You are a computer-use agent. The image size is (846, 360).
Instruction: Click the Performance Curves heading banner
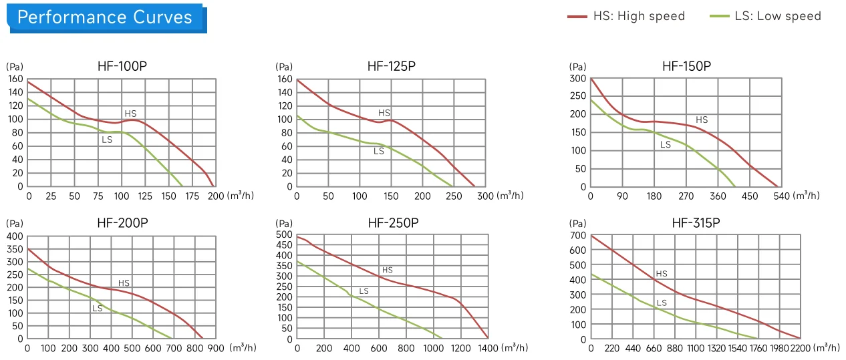point(106,18)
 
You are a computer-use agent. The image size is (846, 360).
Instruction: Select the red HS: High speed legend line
point(577,17)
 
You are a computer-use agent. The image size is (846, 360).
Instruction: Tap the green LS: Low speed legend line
point(720,16)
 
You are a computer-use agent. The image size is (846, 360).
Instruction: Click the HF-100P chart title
point(122,66)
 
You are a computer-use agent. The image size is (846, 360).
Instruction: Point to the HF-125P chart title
point(392,66)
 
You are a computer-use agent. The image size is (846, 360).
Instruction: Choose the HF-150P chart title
point(686,66)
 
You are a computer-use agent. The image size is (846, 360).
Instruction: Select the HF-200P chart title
point(123,223)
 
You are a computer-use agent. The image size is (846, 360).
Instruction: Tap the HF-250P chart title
point(393,223)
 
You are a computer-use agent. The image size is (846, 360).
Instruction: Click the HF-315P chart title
point(696,223)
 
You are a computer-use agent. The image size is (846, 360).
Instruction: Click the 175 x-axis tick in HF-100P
point(192,196)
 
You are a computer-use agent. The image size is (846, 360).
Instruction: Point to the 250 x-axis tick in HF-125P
point(454,196)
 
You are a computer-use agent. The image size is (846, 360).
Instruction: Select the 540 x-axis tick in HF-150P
point(782,196)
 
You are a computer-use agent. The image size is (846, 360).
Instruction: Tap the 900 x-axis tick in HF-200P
point(216,348)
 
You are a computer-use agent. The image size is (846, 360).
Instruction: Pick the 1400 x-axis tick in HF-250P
point(488,348)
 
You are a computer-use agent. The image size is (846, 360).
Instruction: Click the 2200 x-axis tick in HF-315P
point(801,348)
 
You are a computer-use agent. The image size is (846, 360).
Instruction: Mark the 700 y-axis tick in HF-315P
point(578,236)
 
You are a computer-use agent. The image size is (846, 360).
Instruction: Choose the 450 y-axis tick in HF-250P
point(285,245)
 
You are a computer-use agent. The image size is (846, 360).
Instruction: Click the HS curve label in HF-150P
point(702,120)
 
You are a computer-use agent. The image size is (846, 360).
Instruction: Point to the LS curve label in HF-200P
point(98,309)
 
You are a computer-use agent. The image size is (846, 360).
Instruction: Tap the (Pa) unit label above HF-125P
point(284,67)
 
